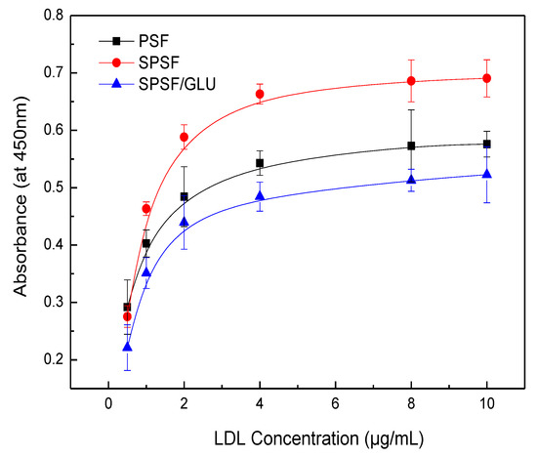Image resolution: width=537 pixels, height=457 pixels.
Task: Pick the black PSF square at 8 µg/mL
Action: (411, 145)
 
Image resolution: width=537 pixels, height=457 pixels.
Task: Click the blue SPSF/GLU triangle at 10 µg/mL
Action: (486, 174)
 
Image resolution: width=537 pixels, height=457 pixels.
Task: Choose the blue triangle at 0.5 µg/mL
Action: (127, 347)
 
